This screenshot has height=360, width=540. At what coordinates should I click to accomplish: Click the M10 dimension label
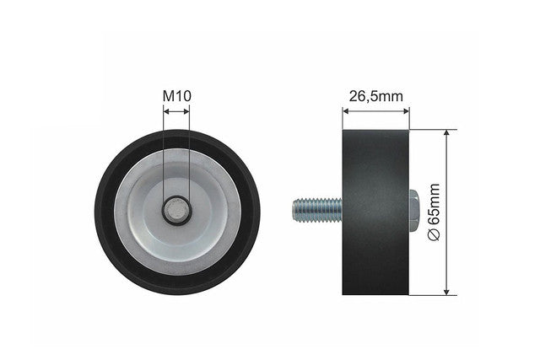[176, 96]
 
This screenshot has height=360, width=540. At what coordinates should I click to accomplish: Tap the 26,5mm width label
[375, 96]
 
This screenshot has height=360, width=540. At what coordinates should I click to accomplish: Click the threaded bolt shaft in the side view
[317, 210]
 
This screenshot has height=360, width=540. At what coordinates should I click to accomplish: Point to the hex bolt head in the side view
[413, 210]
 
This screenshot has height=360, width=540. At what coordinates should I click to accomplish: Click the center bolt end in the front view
[176, 210]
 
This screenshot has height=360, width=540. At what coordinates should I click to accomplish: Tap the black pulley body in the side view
[375, 212]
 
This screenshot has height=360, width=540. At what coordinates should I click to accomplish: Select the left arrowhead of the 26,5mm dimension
[346, 110]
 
